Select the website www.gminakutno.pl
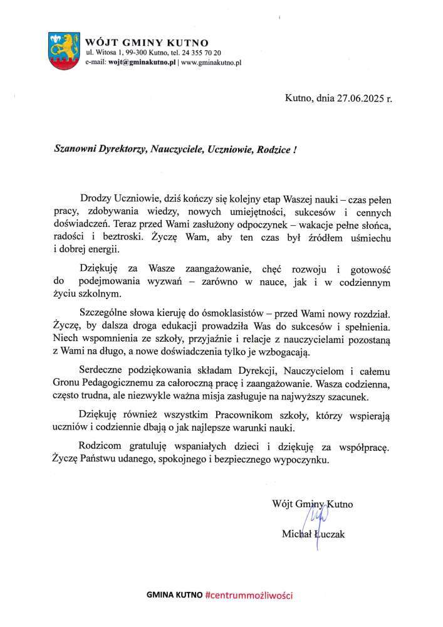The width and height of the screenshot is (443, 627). pos(211,63)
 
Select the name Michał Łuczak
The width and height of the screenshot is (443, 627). pos(313,534)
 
